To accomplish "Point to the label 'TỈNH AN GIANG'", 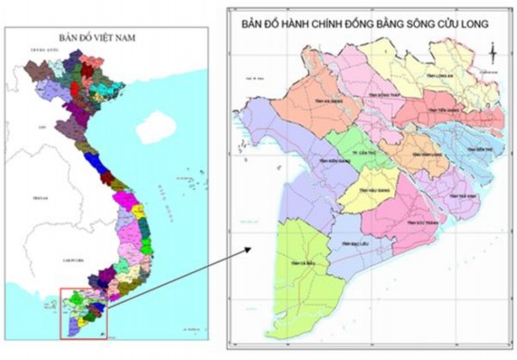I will click(x=308, y=102).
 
